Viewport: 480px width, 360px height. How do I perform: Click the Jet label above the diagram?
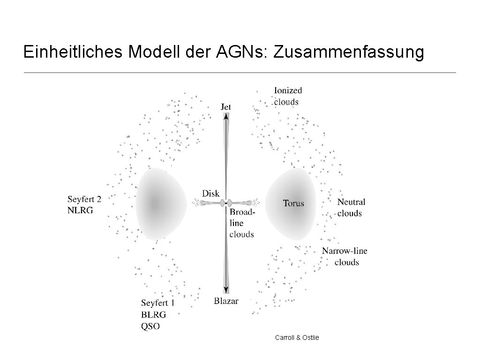point(226,107)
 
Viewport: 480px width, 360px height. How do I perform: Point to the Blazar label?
point(226,301)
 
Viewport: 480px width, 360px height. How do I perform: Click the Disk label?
point(210,193)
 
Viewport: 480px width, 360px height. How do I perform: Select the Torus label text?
point(293,203)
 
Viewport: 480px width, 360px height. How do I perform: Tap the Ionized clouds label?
point(287,96)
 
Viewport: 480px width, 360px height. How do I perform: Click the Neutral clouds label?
point(351,208)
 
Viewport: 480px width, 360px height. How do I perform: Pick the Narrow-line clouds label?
point(345,256)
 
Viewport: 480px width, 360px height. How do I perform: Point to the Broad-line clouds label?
point(242,223)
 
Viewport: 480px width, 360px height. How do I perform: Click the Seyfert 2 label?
point(84,199)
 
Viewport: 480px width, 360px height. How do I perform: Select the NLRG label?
point(80,210)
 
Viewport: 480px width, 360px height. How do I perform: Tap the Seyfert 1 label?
point(157,303)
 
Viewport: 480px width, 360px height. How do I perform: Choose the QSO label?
point(150,326)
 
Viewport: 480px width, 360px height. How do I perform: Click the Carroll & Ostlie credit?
point(297,337)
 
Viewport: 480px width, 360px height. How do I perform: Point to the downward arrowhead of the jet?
point(226,290)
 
